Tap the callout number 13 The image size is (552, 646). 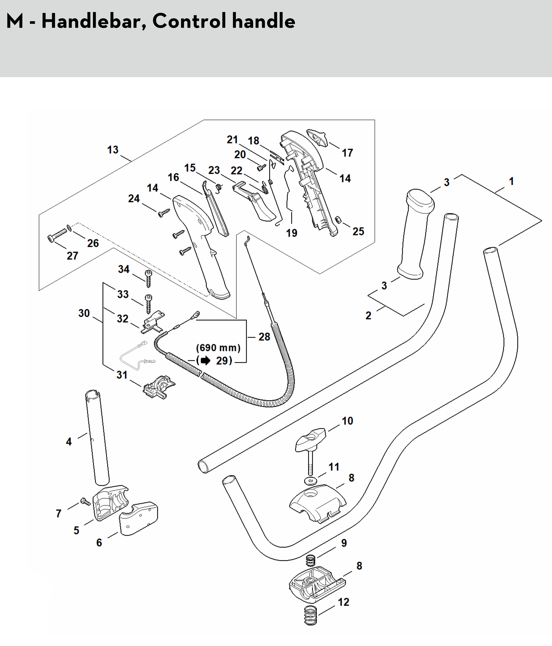coord(113,150)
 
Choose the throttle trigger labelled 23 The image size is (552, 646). coord(256,203)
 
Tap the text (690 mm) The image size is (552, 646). coord(218,348)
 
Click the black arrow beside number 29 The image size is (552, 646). coord(205,361)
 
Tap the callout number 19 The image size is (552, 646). coord(292,233)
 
